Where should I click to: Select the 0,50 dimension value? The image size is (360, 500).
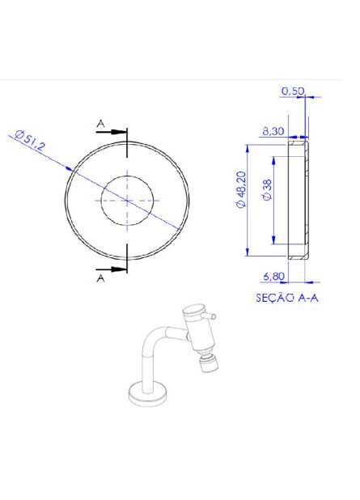pos(292,91)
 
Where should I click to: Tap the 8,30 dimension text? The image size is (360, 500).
pos(273,129)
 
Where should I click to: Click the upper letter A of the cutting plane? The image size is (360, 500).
pos(100,123)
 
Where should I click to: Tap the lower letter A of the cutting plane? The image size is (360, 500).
pos(100,278)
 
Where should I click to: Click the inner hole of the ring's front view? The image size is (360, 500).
pos(127,199)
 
